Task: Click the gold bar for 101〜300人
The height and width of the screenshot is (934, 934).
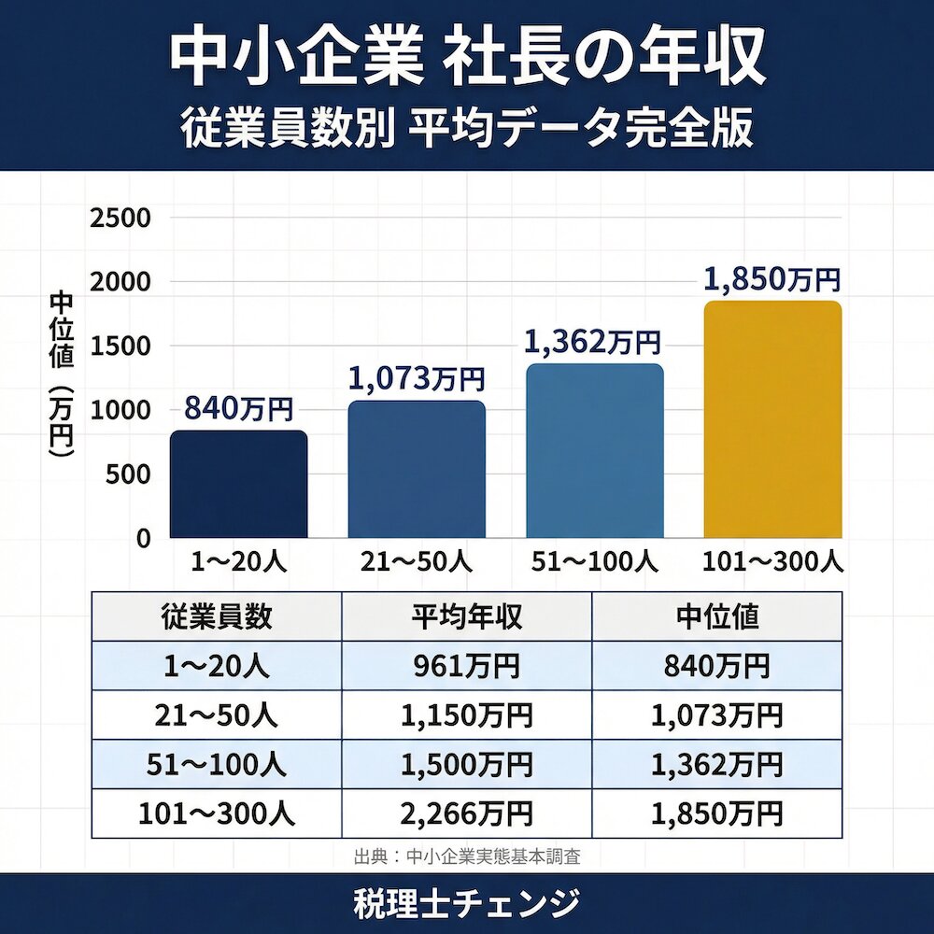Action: pyautogui.click(x=772, y=419)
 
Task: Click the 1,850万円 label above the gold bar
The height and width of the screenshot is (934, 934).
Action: pyautogui.click(x=771, y=280)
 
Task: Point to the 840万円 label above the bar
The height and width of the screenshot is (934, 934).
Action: pyautogui.click(x=238, y=409)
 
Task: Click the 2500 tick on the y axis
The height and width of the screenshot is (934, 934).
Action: pyautogui.click(x=120, y=219)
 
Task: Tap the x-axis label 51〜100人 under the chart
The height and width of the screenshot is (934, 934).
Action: pyautogui.click(x=594, y=562)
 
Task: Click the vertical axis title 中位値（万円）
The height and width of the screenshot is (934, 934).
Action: pyautogui.click(x=61, y=374)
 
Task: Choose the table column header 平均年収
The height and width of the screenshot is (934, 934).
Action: pyautogui.click(x=467, y=616)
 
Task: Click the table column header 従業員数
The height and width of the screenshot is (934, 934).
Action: pyautogui.click(x=217, y=616)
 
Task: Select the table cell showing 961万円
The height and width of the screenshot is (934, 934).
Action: pyautogui.click(x=467, y=666)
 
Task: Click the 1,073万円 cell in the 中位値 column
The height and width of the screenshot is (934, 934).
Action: pyautogui.click(x=717, y=715)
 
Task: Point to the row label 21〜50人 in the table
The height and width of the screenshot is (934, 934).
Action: pyautogui.click(x=217, y=715)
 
